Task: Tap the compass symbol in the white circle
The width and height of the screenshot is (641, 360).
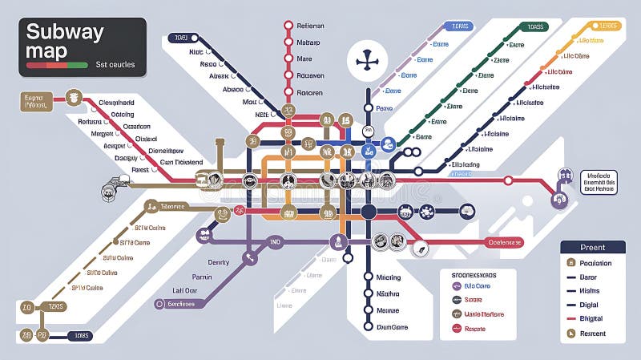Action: (x=368, y=60)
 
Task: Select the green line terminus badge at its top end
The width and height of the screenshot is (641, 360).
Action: (x=534, y=26)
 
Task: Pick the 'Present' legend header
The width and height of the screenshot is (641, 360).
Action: (x=593, y=248)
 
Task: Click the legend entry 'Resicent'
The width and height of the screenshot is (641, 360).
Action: (x=594, y=333)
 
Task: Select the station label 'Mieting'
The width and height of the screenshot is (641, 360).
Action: (x=388, y=277)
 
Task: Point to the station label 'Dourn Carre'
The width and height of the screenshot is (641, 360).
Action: (x=392, y=326)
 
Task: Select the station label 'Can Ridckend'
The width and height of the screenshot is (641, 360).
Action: (x=181, y=162)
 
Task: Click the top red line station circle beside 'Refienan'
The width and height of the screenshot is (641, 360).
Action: (x=288, y=25)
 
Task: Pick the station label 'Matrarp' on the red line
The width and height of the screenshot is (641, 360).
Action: (x=308, y=42)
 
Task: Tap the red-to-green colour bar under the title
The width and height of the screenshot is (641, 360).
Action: (x=57, y=64)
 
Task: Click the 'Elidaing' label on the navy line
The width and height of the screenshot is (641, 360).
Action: (x=466, y=164)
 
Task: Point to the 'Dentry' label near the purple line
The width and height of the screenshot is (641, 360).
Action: (x=219, y=262)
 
